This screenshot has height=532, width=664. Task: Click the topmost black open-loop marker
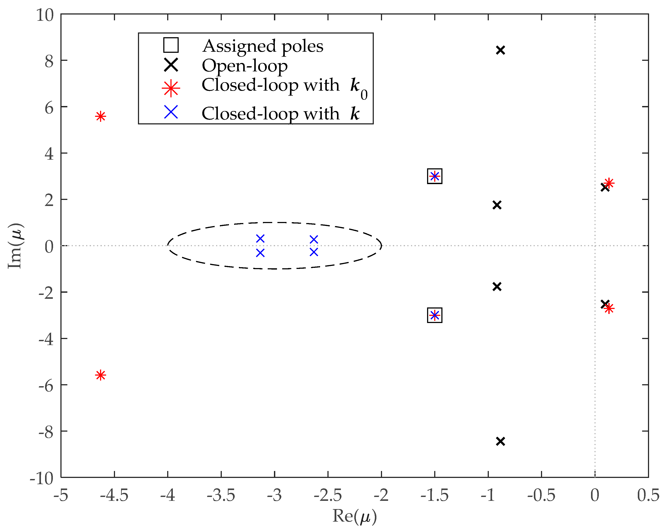tap(500, 50)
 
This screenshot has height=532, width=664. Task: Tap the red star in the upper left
tap(101, 116)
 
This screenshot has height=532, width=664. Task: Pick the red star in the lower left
tap(101, 375)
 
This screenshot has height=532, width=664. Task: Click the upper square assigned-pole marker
tap(435, 176)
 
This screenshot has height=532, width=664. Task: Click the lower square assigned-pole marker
tap(435, 315)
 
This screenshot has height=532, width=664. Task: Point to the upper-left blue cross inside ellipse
tap(260, 239)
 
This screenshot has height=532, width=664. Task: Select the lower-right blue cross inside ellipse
tap(314, 252)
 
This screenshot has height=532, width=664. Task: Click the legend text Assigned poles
tap(263, 46)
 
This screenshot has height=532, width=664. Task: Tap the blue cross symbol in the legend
tap(171, 112)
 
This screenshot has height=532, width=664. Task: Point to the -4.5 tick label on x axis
tap(114, 495)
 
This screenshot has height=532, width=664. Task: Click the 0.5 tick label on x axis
tap(648, 495)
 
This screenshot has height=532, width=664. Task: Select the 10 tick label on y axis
tap(45, 15)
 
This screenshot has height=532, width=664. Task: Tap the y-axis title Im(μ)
tap(15, 246)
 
